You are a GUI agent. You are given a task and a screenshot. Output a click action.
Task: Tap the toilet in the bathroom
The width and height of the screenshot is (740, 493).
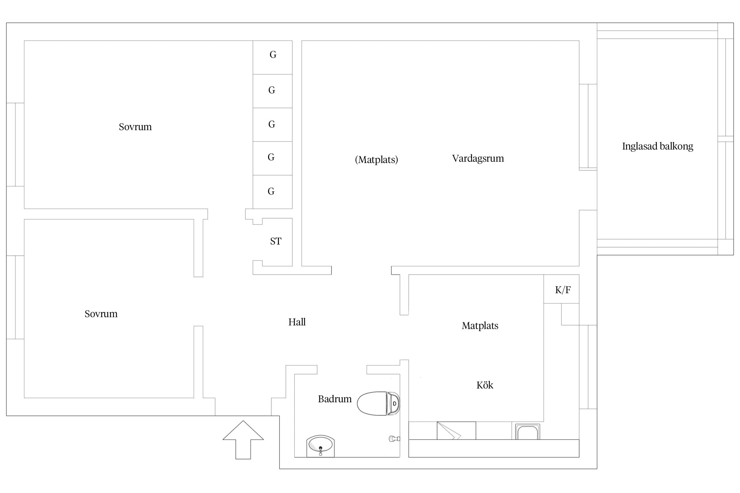pyautogui.click(x=378, y=403)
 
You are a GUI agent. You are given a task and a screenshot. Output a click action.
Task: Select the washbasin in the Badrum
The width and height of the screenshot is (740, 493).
pyautogui.click(x=320, y=446)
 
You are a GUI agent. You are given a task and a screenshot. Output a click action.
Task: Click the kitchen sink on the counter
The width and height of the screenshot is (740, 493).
pyautogui.click(x=528, y=432)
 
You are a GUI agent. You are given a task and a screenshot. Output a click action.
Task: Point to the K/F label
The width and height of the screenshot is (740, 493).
pyautogui.click(x=563, y=290)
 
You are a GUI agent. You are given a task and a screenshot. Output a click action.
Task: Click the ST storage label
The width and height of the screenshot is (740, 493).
pyautogui.click(x=276, y=241)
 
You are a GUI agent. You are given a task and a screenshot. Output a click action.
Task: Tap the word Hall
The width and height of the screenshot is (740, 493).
pyautogui.click(x=297, y=322)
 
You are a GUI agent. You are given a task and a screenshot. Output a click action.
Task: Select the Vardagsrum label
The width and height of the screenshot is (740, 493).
pyautogui.click(x=478, y=158)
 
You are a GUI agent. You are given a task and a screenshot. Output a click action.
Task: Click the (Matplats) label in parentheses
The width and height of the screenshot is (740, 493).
pyautogui.click(x=377, y=160)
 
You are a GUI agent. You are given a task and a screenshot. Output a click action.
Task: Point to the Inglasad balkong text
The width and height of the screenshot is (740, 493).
pyautogui.click(x=657, y=146)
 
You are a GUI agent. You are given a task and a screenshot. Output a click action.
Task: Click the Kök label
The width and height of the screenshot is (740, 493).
pyautogui.click(x=485, y=385)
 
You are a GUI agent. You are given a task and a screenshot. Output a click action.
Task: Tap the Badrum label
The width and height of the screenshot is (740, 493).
pyautogui.click(x=335, y=399)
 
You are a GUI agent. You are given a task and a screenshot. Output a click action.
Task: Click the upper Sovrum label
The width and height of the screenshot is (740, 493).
pyautogui.click(x=135, y=127)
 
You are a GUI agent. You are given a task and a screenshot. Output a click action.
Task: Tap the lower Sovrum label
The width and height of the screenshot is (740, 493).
pyautogui.click(x=101, y=314)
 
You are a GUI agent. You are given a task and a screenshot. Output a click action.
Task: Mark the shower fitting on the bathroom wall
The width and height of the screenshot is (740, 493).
pyautogui.click(x=394, y=438)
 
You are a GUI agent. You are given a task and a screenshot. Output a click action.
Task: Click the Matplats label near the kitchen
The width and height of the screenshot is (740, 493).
pyautogui.click(x=480, y=326)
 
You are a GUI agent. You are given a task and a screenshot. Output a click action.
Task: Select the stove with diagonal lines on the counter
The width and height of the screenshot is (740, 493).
pyautogui.click(x=456, y=431)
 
